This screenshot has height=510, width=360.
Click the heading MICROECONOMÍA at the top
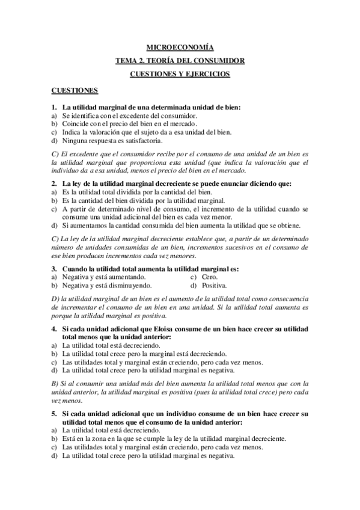pyautogui.click(x=180, y=47)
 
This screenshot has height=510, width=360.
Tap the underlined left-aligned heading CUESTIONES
pyautogui.click(x=75, y=90)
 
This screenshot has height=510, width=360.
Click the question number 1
pyautogui.click(x=53, y=107)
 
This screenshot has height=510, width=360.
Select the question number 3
pyautogui.click(x=53, y=268)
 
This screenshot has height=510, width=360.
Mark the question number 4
pyautogui.click(x=53, y=331)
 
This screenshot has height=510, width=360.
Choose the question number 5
pyautogui.click(x=53, y=414)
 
